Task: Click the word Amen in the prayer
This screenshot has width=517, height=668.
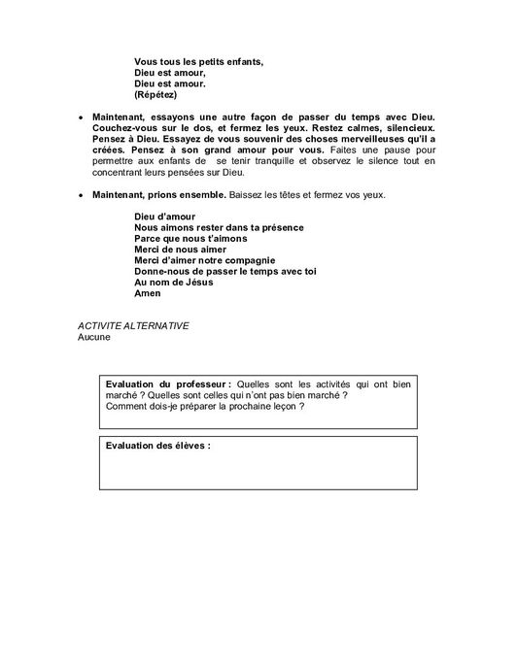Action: pos(147,292)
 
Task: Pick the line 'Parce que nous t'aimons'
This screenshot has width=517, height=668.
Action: pos(190,238)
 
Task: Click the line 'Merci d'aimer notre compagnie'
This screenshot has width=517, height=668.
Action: pos(205,259)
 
